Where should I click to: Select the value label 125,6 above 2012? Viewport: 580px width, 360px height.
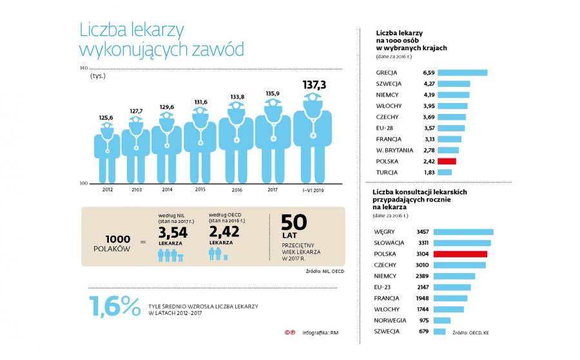click(x=106, y=117)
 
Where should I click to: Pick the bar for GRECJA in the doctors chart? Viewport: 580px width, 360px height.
click(x=462, y=73)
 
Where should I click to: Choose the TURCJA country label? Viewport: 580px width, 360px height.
click(x=387, y=173)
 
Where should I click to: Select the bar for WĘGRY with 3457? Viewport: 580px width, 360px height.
click(x=463, y=231)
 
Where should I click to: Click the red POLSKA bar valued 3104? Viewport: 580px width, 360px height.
click(x=460, y=254)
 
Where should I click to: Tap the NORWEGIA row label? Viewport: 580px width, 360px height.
click(x=390, y=320)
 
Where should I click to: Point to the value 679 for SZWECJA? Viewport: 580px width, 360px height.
click(x=423, y=331)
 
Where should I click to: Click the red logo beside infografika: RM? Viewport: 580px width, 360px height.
click(x=290, y=333)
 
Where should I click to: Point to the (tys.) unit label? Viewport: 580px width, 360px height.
click(x=98, y=76)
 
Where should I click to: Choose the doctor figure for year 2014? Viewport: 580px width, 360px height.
click(x=166, y=146)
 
